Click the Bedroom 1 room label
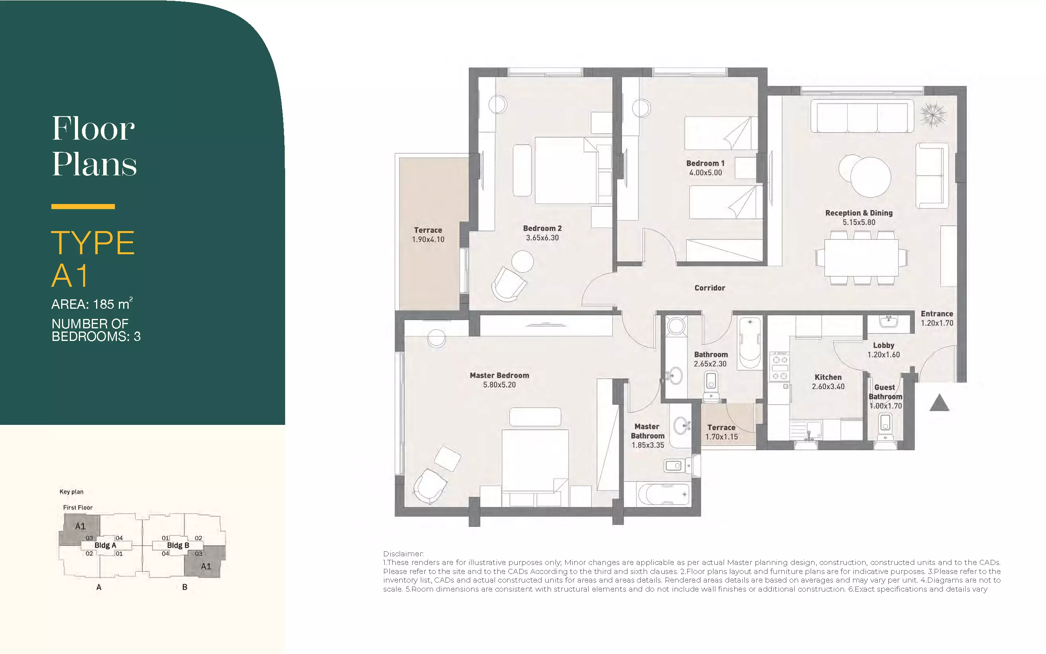point(705,163)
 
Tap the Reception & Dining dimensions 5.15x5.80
point(859,222)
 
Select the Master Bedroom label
point(499,375)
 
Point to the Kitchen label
point(828,377)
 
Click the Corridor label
point(709,288)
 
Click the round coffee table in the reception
point(870,177)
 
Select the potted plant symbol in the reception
point(933,114)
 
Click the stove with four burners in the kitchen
point(780,366)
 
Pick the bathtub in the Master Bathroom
point(662,494)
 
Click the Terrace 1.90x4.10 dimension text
point(428,240)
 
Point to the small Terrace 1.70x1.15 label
point(721,432)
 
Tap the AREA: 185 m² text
point(92,304)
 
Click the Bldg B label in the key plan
point(178,545)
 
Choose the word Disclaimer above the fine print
point(404,554)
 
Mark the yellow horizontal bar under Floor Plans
point(83,207)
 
